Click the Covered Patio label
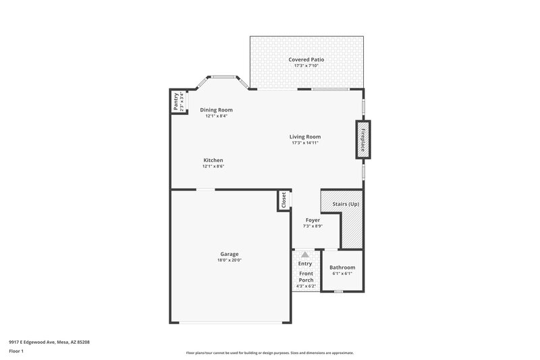[306, 59]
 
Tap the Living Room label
[304, 136]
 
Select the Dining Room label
[216, 109]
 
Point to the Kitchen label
[213, 160]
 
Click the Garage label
[229, 254]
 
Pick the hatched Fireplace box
[362, 140]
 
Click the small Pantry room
[177, 103]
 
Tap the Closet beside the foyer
[283, 200]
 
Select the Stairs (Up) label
[344, 203]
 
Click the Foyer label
[313, 220]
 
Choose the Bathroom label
[342, 267]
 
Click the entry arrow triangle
[305, 255]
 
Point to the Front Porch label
[306, 276]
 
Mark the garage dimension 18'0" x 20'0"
[229, 260]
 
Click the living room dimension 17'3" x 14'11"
[304, 143]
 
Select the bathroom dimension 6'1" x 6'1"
[342, 274]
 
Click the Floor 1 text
[16, 352]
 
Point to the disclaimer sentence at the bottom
[269, 353]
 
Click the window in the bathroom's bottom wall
[339, 291]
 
